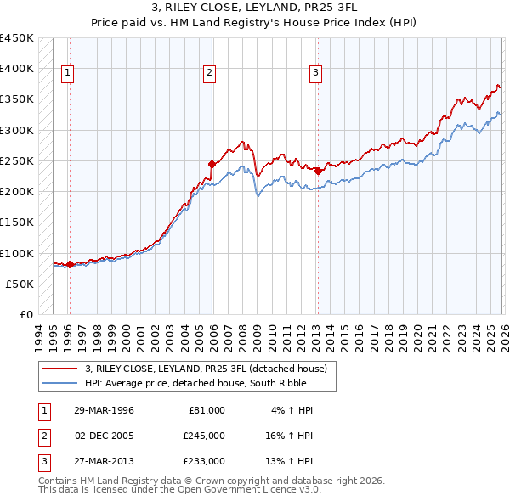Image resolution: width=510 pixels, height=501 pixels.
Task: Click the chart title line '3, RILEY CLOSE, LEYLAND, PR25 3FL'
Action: pos(254,8)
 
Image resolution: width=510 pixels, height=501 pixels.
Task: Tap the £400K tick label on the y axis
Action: pos(17,69)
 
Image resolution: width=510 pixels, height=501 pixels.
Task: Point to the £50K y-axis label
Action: pos(20,284)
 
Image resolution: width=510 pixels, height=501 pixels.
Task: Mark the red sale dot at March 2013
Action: pos(318,171)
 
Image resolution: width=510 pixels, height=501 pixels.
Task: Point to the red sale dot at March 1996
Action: pos(70,264)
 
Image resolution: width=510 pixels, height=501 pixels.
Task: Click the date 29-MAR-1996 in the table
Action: pos(104,409)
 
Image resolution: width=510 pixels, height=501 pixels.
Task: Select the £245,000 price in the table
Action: pos(204,436)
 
